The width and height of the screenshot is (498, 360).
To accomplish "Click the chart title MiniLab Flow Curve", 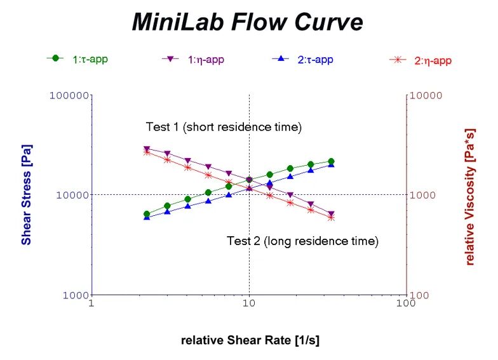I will [248, 22].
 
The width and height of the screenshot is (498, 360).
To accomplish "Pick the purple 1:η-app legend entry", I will [193, 59].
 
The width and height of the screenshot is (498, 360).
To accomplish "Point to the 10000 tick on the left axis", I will [71, 195].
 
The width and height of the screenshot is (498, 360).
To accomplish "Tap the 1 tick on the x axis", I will [92, 303].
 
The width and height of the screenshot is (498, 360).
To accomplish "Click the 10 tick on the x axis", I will [249, 303].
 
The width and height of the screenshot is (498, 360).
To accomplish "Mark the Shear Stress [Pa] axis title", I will [27, 195].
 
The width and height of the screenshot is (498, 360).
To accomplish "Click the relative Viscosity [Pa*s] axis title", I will [470, 195].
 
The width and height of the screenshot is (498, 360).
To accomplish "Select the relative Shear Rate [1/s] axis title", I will [250, 340].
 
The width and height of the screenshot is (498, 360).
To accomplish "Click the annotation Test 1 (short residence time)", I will [224, 127].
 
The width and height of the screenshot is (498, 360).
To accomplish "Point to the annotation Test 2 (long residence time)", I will [302, 241].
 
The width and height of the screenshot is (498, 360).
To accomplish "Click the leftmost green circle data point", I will [147, 215].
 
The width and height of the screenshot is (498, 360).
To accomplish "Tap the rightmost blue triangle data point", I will [331, 164].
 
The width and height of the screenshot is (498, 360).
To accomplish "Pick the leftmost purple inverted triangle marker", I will [147, 149].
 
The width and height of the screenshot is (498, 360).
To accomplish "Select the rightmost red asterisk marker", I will [331, 217].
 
